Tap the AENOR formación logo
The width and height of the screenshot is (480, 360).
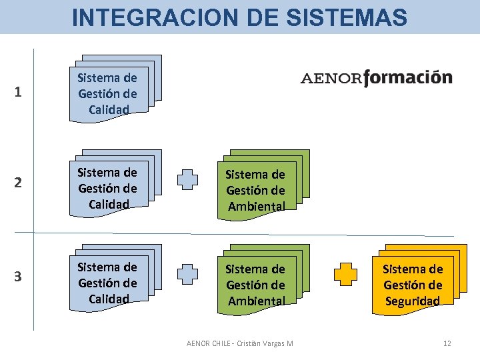click(x=377, y=79)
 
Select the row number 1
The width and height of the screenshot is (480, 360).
click(x=19, y=93)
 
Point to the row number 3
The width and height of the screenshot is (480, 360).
click(x=19, y=277)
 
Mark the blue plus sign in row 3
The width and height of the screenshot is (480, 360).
click(x=188, y=275)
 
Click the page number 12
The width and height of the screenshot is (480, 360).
click(x=447, y=343)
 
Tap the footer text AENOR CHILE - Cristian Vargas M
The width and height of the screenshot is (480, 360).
click(x=240, y=343)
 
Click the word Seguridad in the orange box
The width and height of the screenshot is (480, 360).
click(x=413, y=301)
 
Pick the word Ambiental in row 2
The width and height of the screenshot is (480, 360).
click(x=257, y=207)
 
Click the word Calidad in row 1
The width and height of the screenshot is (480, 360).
click(x=108, y=109)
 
